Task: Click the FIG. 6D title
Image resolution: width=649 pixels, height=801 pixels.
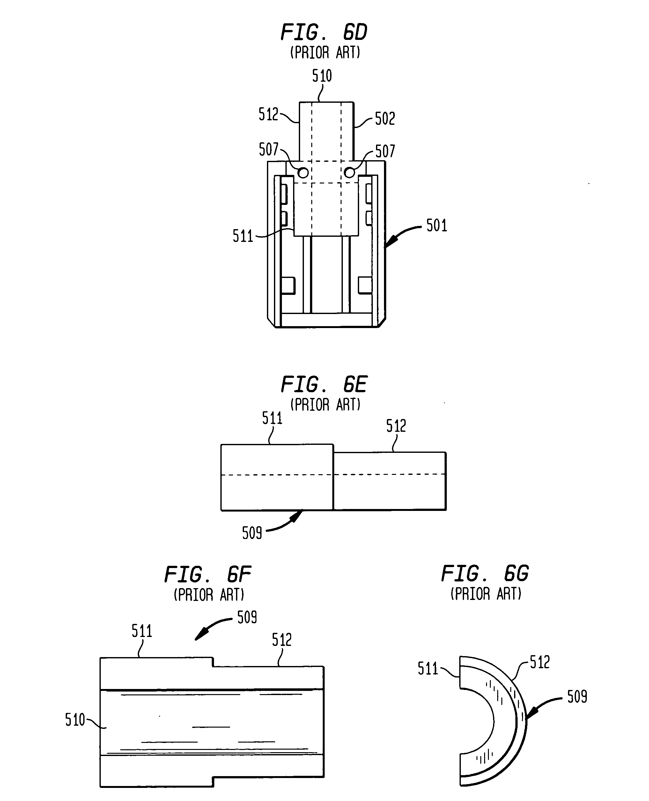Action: coord(324,32)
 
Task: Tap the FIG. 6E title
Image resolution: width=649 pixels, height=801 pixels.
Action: coord(324,384)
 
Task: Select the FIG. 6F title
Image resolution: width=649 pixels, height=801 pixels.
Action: coord(208,575)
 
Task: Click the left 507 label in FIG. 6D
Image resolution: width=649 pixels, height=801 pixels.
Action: coord(269,149)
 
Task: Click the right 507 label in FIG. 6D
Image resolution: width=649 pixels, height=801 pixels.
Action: coord(385,152)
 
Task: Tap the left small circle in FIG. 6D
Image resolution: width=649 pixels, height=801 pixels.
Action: coord(303,173)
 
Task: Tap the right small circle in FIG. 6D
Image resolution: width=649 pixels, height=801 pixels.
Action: coord(350,173)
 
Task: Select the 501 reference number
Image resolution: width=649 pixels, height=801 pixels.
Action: coord(437,226)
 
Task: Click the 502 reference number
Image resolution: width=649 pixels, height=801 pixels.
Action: coord(385,119)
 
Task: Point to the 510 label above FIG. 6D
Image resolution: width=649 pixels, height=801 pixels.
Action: coord(322,76)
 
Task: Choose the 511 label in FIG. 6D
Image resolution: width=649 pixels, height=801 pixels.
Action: coord(243,236)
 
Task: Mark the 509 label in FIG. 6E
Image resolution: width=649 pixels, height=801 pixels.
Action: coord(252,533)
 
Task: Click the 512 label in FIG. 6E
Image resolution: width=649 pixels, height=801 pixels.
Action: coord(396,426)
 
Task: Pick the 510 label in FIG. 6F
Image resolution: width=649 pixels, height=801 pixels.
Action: coord(75,720)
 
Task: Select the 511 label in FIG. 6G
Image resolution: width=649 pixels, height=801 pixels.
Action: coord(428,669)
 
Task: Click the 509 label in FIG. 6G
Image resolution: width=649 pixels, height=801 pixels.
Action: coord(577,697)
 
